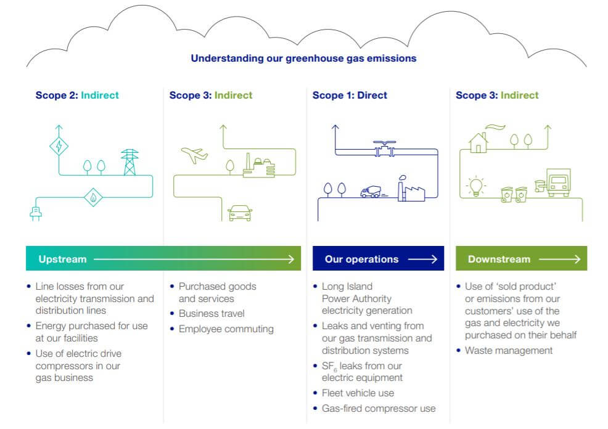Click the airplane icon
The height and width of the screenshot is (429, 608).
[x=194, y=155]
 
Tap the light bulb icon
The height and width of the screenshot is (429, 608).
[x=476, y=186]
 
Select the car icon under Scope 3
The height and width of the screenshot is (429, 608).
[x=240, y=213]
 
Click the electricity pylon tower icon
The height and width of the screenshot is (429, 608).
[x=129, y=162]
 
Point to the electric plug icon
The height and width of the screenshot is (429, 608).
[x=36, y=213]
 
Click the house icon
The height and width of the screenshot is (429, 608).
[x=479, y=142]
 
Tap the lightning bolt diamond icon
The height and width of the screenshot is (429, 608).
[x=59, y=146]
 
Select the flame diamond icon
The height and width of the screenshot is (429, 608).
[x=93, y=197]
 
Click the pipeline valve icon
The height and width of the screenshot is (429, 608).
[x=384, y=149]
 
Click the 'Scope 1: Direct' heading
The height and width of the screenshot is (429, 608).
[x=350, y=96]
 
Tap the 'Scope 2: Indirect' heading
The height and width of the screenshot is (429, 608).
[x=77, y=96]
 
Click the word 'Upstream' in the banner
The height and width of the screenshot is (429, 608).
[x=62, y=259]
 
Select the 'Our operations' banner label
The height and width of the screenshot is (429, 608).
[x=361, y=259]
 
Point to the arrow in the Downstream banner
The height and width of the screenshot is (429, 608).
[x=559, y=259]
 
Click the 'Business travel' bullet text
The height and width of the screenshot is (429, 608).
[x=212, y=314]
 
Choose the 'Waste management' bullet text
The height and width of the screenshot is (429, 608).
[x=509, y=351]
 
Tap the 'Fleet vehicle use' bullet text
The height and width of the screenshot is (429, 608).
[x=358, y=393]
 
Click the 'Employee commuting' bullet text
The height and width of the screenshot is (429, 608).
[x=226, y=329]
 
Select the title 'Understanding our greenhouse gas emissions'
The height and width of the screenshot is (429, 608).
[x=303, y=59]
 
